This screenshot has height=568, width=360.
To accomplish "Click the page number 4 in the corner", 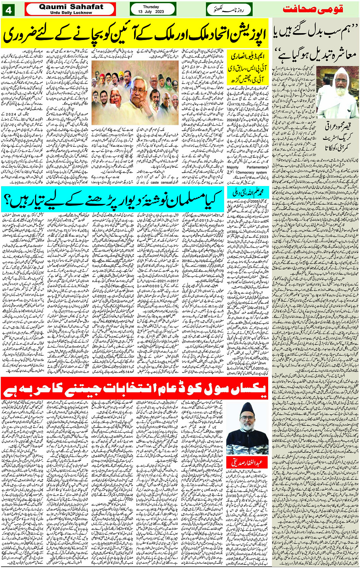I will coord(8,10).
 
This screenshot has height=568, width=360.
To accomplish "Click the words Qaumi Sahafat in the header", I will coord(71,6).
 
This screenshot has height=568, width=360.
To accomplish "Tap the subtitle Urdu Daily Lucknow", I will coord(71,13).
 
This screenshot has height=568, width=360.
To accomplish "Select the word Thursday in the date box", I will coord(151,7).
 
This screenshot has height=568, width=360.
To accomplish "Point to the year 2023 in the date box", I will coord(160,12).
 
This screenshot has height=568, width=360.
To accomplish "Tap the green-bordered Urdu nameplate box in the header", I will coord(229,10).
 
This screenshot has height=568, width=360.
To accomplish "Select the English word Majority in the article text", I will coord(232,167).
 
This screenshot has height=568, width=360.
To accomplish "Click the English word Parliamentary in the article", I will coord(257,167).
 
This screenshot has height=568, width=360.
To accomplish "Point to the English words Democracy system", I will coord(251,172).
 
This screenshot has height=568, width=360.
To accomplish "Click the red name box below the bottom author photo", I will coord(247,462).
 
